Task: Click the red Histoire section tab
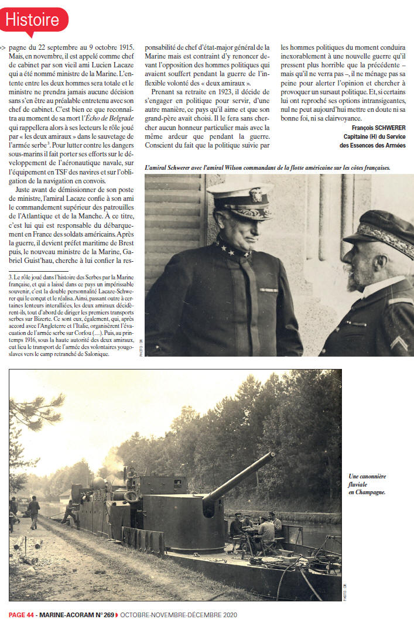pyautogui.click(x=34, y=20)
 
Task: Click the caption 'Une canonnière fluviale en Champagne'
pyautogui.click(x=367, y=484)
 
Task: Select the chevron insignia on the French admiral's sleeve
pyautogui.click(x=399, y=343)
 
